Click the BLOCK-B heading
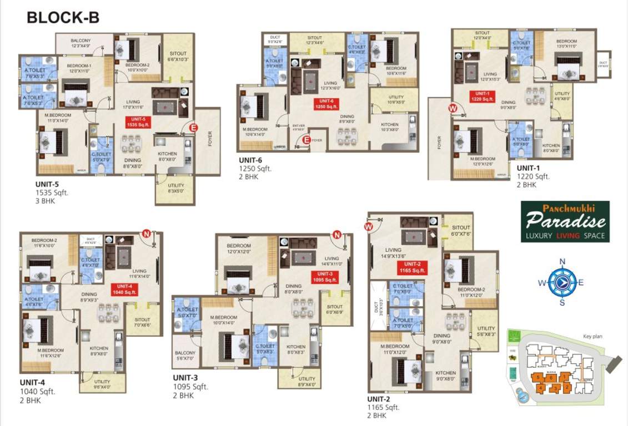pyautogui.click(x=63, y=17)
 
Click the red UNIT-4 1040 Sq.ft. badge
pyautogui.click(x=123, y=289)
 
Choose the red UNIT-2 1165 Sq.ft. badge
pyautogui.click(x=412, y=267)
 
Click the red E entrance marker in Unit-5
pyautogui.click(x=194, y=128)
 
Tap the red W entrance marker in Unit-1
pyautogui.click(x=453, y=109)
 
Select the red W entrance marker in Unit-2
pyautogui.click(x=368, y=226)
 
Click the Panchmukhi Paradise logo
pyautogui.click(x=565, y=221)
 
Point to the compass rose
pyautogui.click(x=562, y=282)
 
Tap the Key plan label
pyautogui.click(x=592, y=336)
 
